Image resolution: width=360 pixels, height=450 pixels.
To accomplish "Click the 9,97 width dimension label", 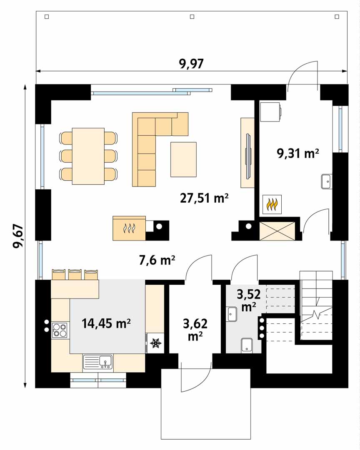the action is click(x=191, y=64).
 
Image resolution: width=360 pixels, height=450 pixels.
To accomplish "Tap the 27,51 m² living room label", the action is click(x=204, y=198).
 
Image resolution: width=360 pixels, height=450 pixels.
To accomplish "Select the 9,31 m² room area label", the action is click(x=298, y=153).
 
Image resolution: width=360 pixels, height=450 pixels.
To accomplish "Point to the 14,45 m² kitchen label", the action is click(x=106, y=323).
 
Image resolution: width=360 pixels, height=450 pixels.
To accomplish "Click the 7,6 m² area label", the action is click(x=157, y=260).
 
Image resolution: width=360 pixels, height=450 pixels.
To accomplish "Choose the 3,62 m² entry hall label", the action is click(x=195, y=329).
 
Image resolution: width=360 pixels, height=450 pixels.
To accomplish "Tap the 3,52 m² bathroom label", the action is click(x=249, y=300).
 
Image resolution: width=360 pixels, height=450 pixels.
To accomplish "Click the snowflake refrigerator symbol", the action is click(x=155, y=343).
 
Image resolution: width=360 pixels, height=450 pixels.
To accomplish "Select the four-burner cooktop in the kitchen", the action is click(x=60, y=330).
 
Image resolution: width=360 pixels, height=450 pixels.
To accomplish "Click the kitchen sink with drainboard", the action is click(x=98, y=362).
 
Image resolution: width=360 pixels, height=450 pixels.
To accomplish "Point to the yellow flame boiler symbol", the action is click(x=272, y=205).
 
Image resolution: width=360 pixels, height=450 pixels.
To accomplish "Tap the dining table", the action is click(x=88, y=156).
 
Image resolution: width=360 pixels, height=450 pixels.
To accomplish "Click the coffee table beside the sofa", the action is click(x=184, y=159).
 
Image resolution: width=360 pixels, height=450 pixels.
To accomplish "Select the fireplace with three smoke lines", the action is click(x=129, y=228).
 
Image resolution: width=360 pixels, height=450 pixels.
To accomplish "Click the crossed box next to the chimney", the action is click(x=277, y=231).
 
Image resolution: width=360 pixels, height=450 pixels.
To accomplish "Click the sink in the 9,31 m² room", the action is click(x=327, y=181).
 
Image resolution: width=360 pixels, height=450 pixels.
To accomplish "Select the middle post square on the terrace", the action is click(x=192, y=17).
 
